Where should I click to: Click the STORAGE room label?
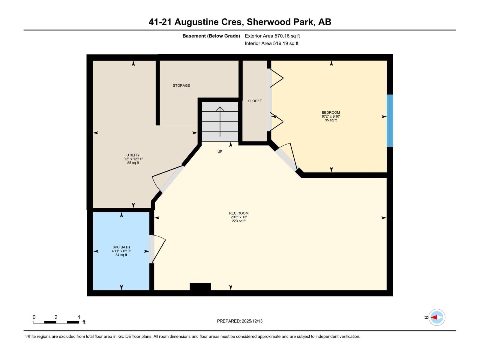(x=181, y=85)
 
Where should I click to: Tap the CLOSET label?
(x=255, y=101)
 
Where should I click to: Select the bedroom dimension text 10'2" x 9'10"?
(x=331, y=116)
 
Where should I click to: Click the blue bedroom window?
(x=390, y=121)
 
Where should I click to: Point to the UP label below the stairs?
(x=220, y=151)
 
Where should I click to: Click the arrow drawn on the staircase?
(x=220, y=121)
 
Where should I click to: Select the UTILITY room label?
(x=133, y=155)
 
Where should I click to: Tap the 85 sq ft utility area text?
(x=133, y=163)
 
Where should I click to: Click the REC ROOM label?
(x=239, y=213)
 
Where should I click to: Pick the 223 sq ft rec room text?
(x=239, y=221)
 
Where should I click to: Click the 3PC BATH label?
(x=121, y=247)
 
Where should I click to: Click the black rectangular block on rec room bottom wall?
(x=200, y=286)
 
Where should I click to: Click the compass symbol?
(x=436, y=317)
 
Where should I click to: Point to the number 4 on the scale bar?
(x=79, y=317)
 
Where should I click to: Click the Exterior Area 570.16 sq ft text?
(x=272, y=36)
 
